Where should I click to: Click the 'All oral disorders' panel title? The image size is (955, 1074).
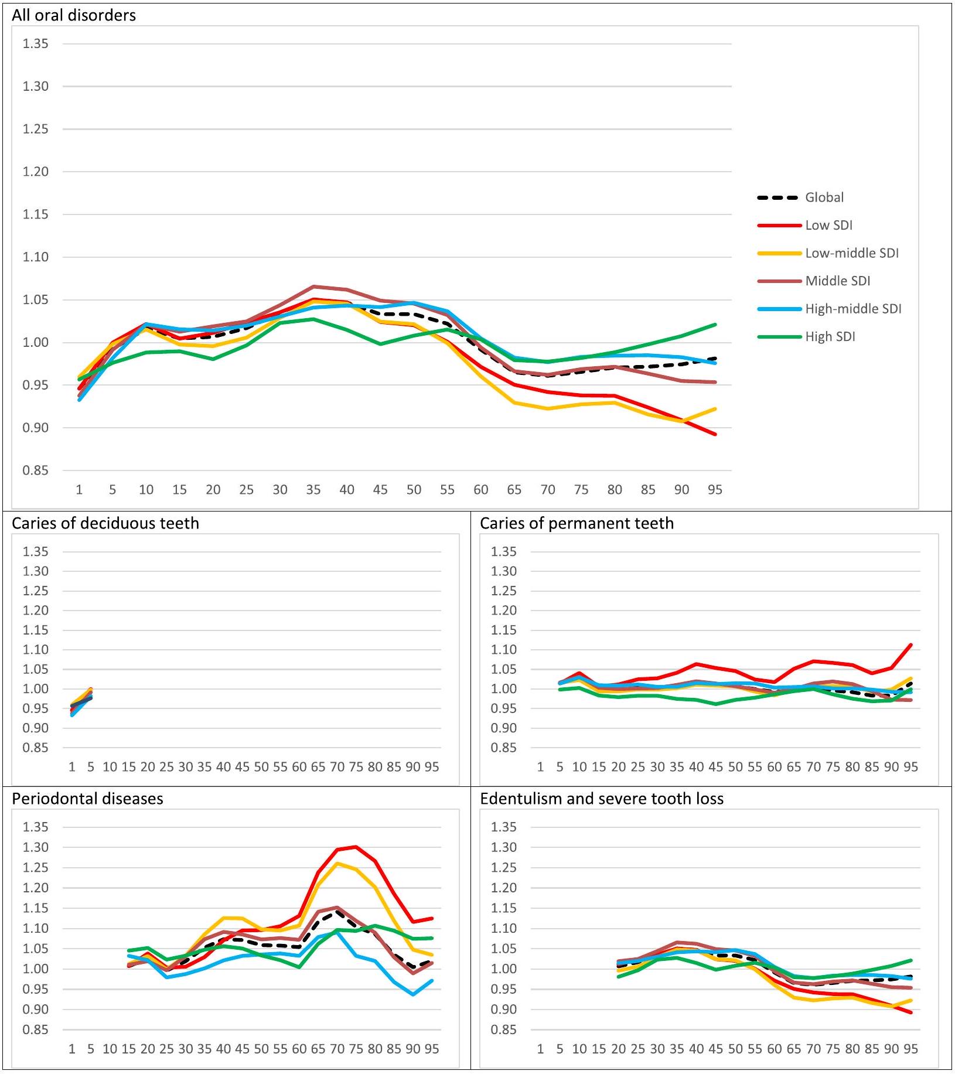(x=74, y=15)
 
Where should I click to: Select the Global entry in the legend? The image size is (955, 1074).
(x=824, y=197)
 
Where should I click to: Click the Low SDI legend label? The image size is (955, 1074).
(x=828, y=226)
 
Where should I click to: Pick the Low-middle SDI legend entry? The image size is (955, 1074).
(x=851, y=253)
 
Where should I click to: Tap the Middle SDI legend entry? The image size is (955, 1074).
(x=837, y=281)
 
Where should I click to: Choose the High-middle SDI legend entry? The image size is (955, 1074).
(x=853, y=309)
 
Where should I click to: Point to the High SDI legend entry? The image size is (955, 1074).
(x=830, y=337)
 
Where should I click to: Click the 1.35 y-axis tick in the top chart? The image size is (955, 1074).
(x=35, y=44)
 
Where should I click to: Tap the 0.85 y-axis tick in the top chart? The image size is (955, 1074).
(x=35, y=470)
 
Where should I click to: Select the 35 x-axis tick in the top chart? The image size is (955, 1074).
(x=313, y=490)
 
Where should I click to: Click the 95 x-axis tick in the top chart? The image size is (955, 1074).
(x=715, y=490)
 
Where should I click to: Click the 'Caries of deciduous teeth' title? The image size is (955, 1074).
(x=105, y=523)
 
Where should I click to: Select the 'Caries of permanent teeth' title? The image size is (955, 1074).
(x=577, y=523)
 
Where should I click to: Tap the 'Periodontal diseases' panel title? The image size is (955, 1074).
(x=87, y=799)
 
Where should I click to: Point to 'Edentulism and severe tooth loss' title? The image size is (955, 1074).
(x=602, y=799)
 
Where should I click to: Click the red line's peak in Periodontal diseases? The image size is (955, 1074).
(x=356, y=847)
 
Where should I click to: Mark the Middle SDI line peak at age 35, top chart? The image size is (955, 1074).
(x=313, y=287)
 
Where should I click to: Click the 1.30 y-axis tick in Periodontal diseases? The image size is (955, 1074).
(x=35, y=847)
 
